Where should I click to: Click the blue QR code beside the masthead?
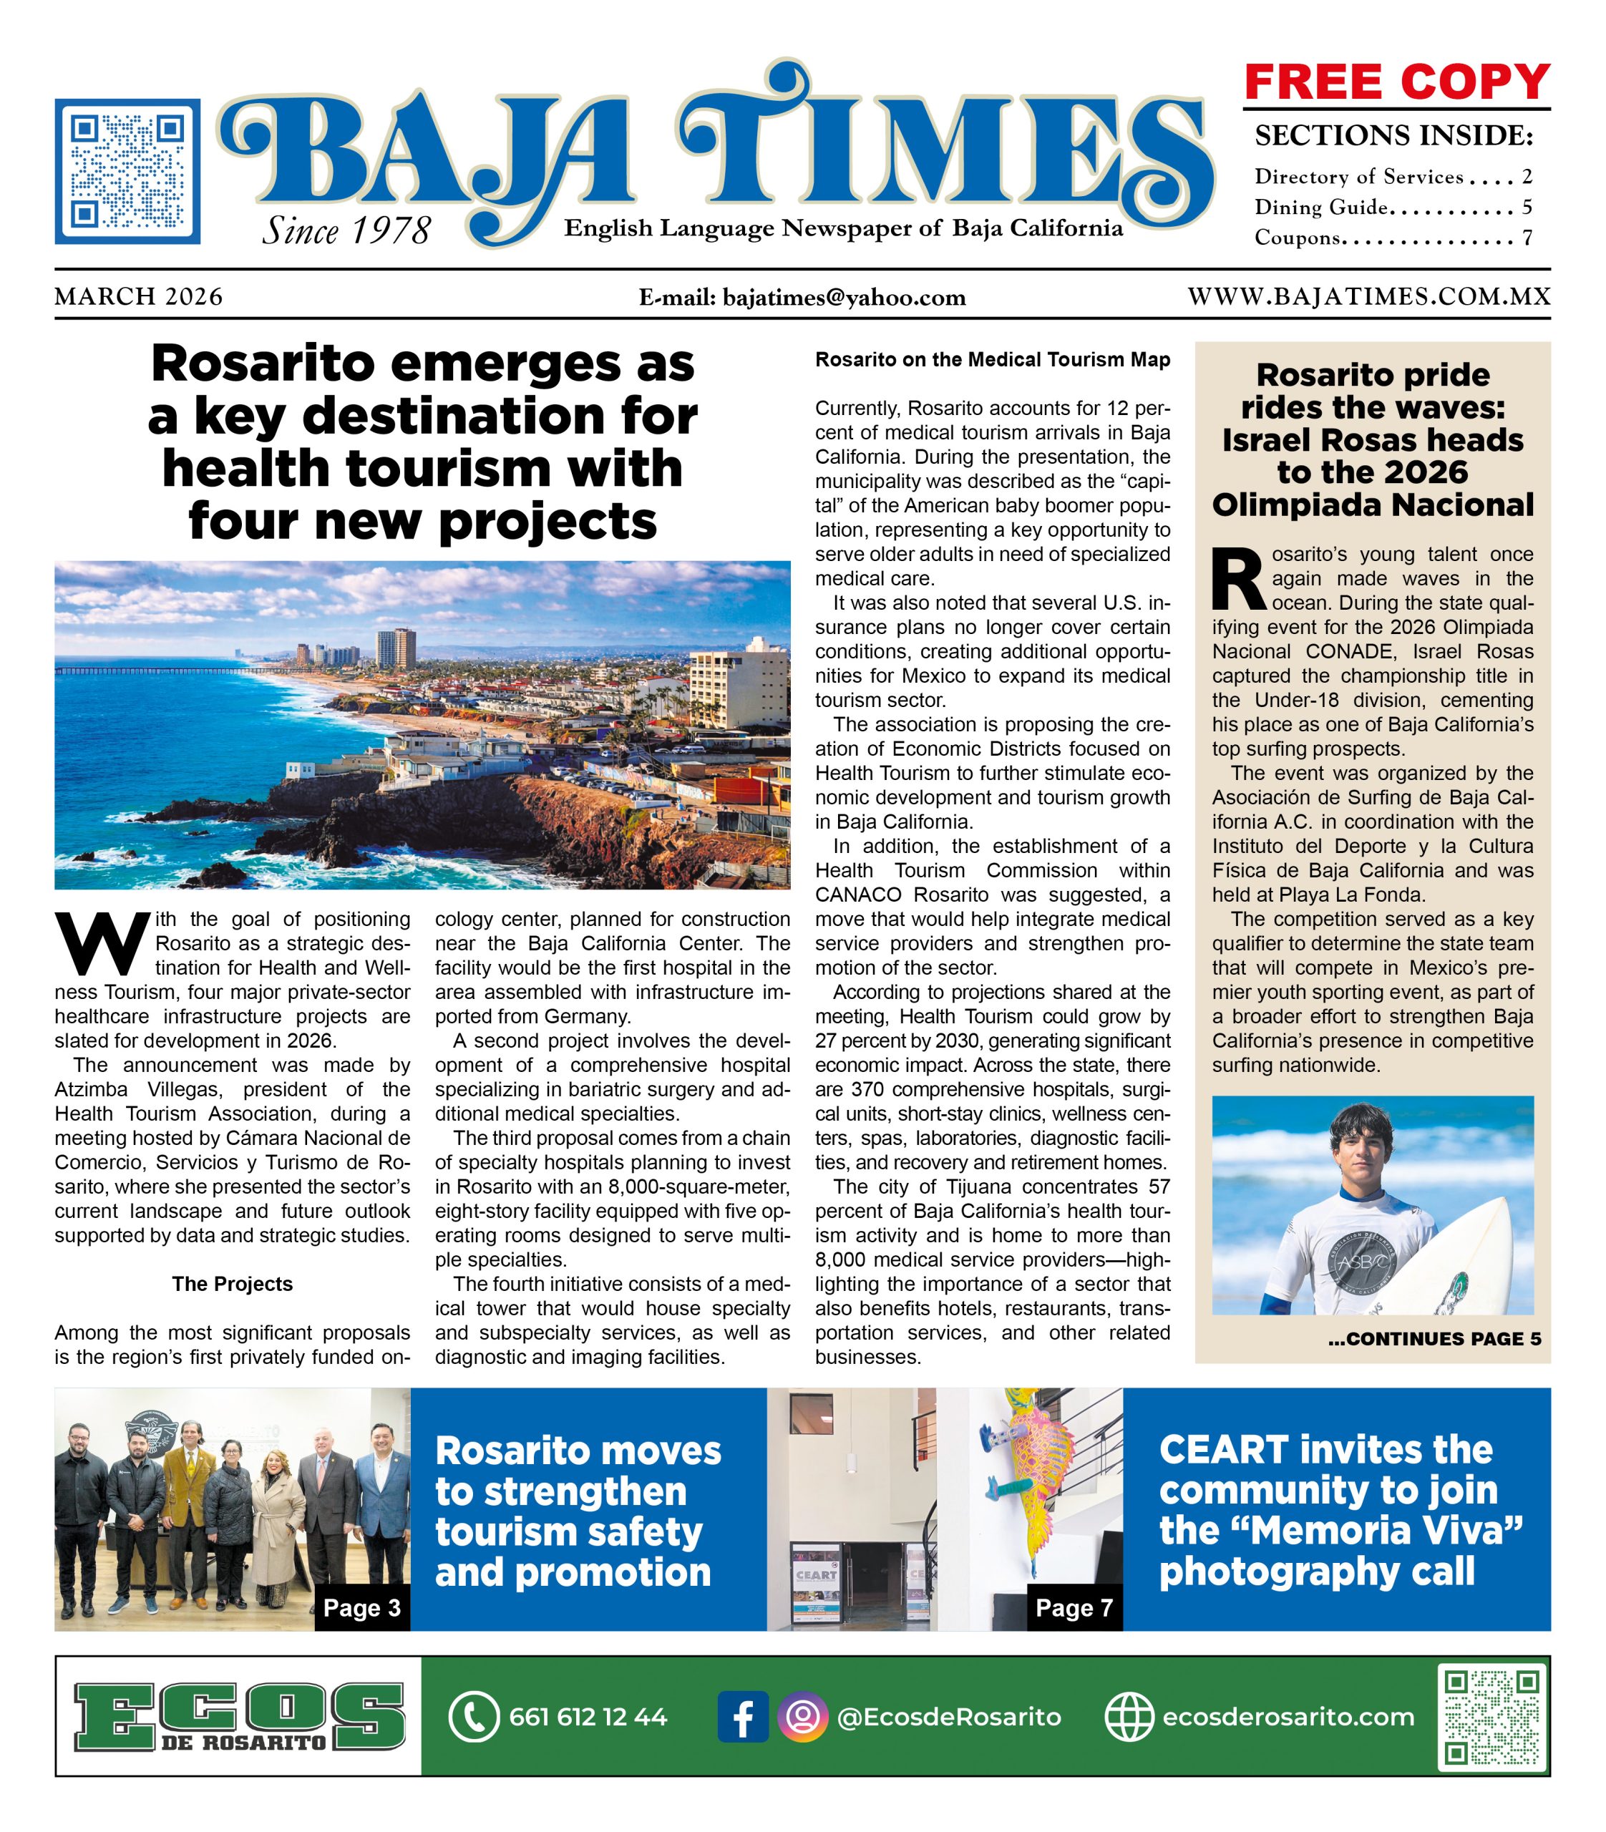127,171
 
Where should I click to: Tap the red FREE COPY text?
1396,82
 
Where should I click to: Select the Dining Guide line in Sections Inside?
1392,207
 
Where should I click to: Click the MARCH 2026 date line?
139,297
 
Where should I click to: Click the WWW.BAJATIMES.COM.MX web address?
1368,297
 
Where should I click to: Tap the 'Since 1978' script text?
346,231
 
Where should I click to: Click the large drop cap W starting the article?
102,944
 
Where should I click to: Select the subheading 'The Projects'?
232,1284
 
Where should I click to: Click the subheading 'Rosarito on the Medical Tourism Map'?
992,359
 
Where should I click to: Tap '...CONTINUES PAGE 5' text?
1434,1339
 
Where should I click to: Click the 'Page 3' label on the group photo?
362,1607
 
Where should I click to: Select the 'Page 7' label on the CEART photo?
1074,1607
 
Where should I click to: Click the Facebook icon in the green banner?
742,1716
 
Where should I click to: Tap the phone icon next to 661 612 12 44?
472,1716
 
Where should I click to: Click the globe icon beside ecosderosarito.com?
1129,1716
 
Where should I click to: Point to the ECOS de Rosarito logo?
238,1716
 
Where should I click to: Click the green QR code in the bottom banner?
1492,1715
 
